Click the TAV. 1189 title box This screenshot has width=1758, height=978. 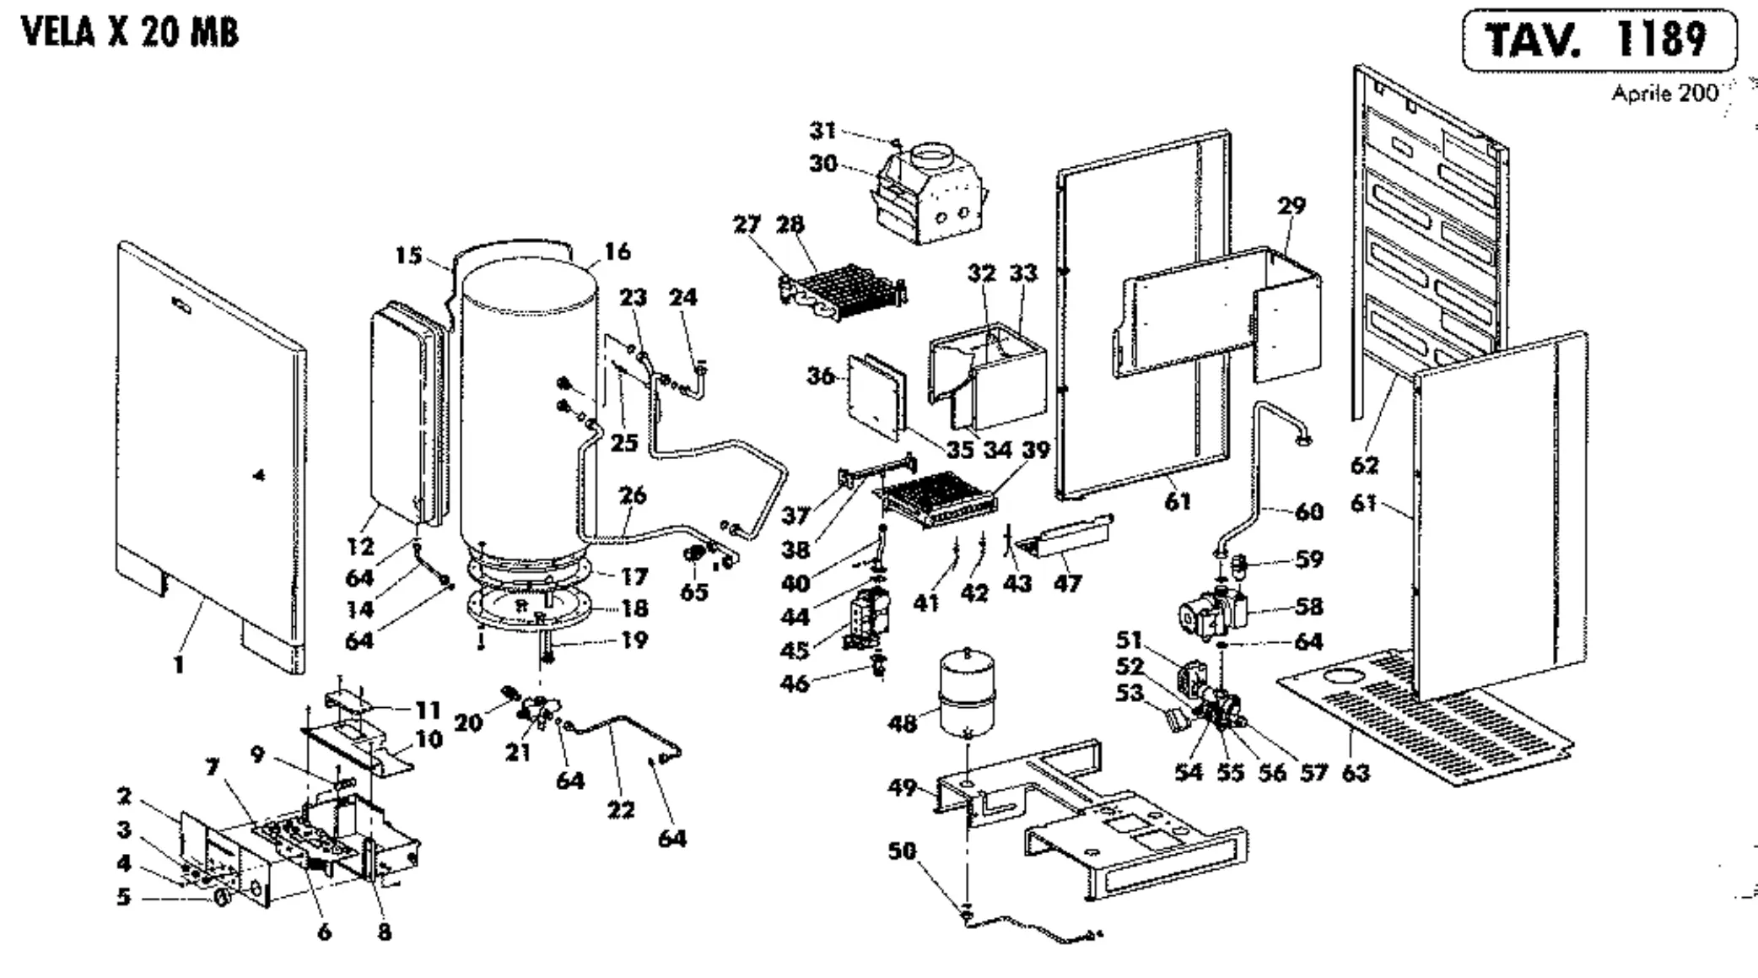point(1599,40)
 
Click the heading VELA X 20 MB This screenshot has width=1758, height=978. point(131,33)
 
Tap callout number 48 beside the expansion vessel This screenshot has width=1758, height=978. point(902,723)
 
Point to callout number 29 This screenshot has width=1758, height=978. point(1292,205)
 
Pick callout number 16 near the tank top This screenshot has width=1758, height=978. point(617,251)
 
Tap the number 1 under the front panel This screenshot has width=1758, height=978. point(179,665)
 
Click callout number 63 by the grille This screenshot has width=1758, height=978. point(1355,773)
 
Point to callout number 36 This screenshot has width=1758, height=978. point(821,376)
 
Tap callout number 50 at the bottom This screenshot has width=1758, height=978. point(902,851)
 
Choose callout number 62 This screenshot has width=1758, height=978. point(1364,465)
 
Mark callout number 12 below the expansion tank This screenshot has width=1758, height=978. point(360,547)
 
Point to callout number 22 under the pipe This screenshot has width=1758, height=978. point(621,810)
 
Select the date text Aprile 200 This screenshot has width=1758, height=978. point(1664,94)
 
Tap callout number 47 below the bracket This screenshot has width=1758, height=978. point(1067,583)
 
